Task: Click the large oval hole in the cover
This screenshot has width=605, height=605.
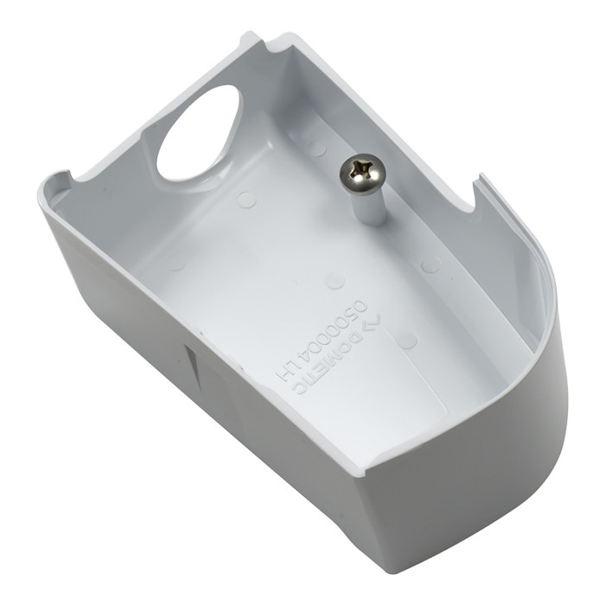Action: click(x=198, y=133)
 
